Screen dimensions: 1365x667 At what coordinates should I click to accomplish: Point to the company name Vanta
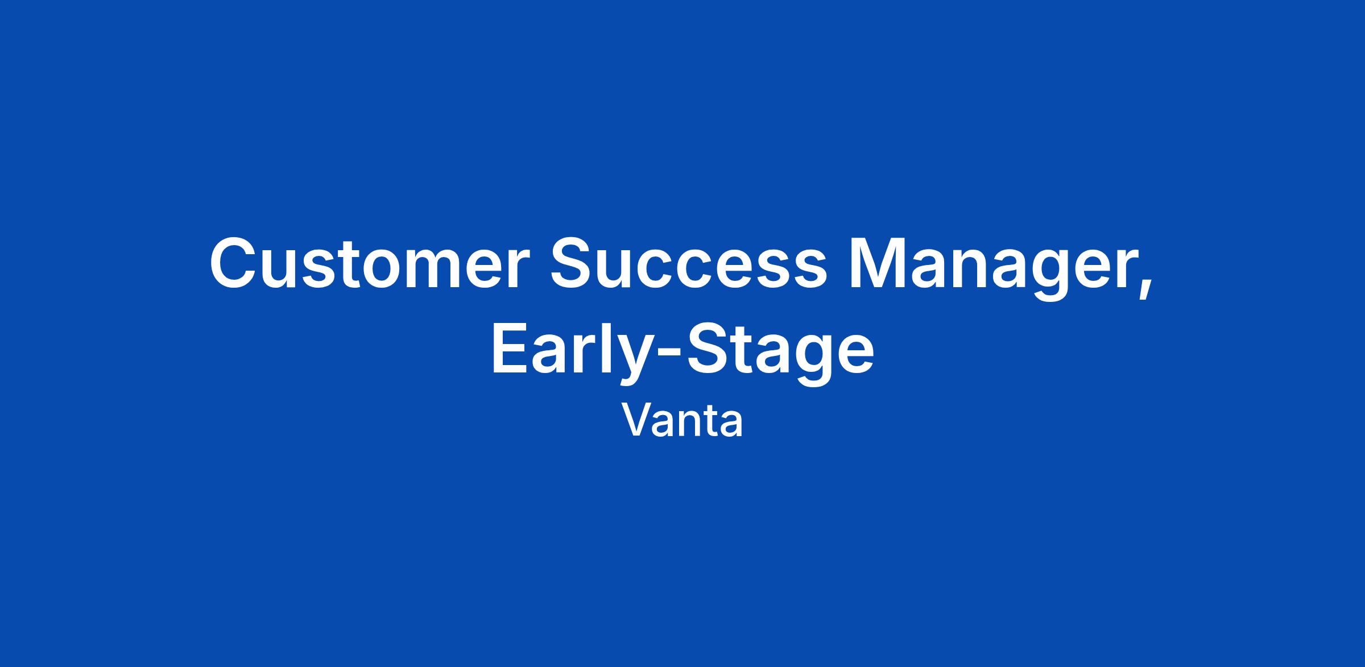(x=682, y=421)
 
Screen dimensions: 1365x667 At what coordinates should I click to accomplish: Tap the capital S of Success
(x=572, y=263)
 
